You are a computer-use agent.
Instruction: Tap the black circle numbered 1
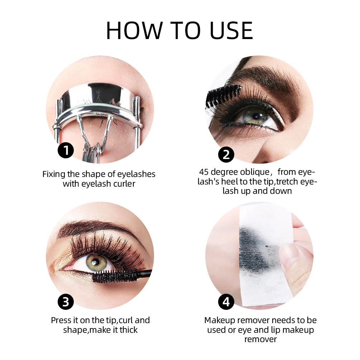pos(66,150)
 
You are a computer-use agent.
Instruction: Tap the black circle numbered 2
pos(226,154)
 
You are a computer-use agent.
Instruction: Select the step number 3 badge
pos(66,302)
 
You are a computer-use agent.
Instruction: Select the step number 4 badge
pos(226,302)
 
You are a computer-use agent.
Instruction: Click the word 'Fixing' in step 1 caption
pos(54,174)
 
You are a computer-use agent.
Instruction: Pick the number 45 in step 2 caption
pos(204,172)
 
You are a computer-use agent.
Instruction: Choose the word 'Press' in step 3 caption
pos(61,320)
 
